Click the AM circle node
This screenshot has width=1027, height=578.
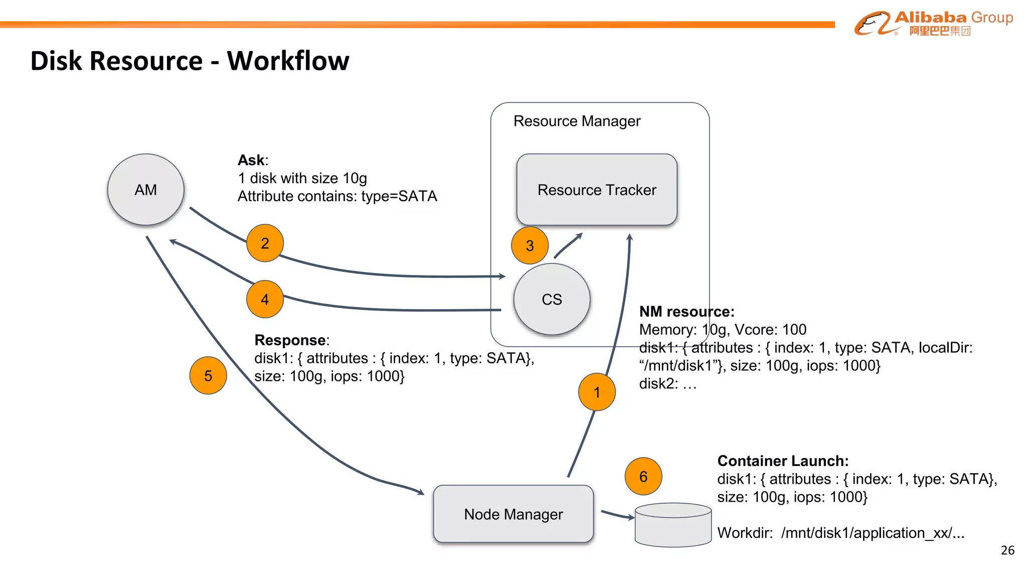pyautogui.click(x=145, y=190)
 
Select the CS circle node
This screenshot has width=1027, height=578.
pyautogui.click(x=552, y=300)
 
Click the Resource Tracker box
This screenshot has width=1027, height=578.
pyautogui.click(x=597, y=190)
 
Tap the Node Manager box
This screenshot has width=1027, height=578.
pyautogui.click(x=513, y=514)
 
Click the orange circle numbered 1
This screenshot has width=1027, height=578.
pyautogui.click(x=597, y=392)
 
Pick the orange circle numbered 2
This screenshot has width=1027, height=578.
pyautogui.click(x=265, y=243)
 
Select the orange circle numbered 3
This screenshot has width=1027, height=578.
pyautogui.click(x=530, y=246)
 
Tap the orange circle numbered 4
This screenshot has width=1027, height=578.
pyautogui.click(x=265, y=300)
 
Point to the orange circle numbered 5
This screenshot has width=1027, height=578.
pyautogui.click(x=208, y=376)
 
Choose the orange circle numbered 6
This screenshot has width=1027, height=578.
pyautogui.click(x=643, y=476)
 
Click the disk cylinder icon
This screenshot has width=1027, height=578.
pyautogui.click(x=673, y=526)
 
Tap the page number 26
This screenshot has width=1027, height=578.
pyautogui.click(x=1007, y=550)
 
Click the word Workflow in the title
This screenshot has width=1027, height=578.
pyautogui.click(x=288, y=61)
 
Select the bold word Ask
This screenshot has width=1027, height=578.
pyautogui.click(x=251, y=160)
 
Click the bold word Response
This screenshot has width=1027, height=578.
pyautogui.click(x=290, y=340)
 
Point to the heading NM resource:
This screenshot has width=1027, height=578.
pyautogui.click(x=687, y=312)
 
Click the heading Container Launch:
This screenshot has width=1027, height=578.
pyautogui.click(x=783, y=461)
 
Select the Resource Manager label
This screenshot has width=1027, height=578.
pyautogui.click(x=577, y=121)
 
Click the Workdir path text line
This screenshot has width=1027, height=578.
pyautogui.click(x=840, y=533)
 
